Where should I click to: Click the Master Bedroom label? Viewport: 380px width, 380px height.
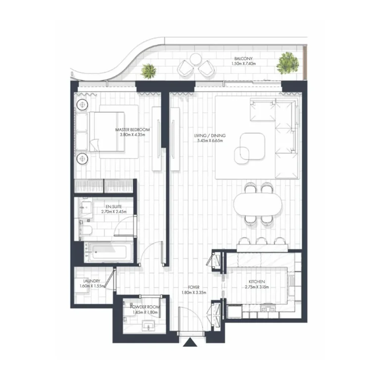point(132,130)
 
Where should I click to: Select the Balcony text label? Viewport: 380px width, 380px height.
point(243,58)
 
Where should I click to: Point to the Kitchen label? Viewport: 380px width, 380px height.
point(258,282)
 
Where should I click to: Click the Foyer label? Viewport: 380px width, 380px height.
point(194,287)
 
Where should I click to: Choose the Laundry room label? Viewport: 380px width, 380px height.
point(92,281)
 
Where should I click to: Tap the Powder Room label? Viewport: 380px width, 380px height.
point(143,307)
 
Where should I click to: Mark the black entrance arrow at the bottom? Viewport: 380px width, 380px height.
point(190,342)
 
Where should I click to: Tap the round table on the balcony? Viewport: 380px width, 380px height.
point(194,60)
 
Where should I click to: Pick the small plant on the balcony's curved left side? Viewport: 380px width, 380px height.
point(148,71)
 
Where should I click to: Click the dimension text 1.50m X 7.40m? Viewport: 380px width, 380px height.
point(243,63)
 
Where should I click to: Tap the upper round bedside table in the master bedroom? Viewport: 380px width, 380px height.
point(82,105)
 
